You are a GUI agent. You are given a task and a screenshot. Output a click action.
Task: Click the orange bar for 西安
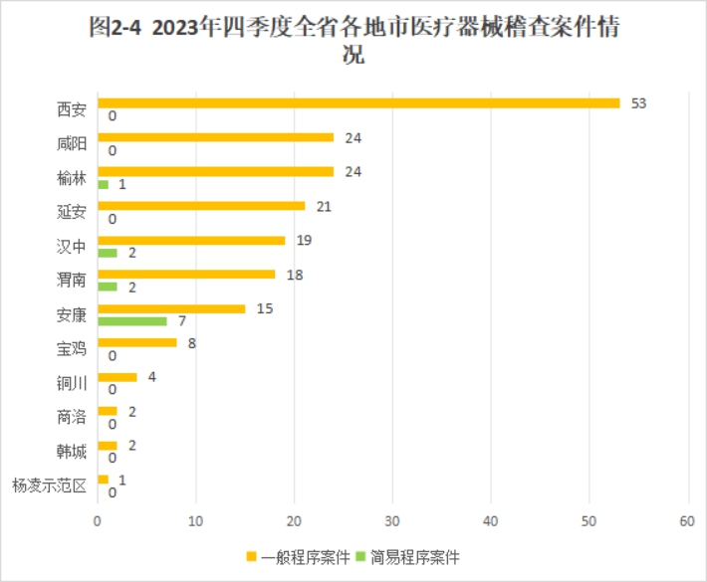(x=358, y=103)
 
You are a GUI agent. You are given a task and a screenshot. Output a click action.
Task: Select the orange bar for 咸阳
(x=215, y=137)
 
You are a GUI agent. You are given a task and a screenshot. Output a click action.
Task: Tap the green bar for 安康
(x=131, y=321)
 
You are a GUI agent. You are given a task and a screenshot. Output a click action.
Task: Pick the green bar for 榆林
(x=103, y=184)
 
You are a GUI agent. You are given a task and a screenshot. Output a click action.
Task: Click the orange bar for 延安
(x=201, y=206)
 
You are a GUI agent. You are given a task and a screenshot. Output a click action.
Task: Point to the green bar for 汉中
(x=108, y=253)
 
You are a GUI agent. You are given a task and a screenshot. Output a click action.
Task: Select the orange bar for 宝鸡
(x=136, y=342)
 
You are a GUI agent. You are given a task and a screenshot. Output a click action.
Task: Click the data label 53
(x=638, y=103)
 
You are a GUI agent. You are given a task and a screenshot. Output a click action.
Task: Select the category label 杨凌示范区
(x=49, y=485)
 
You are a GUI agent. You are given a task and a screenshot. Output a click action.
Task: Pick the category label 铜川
(x=72, y=383)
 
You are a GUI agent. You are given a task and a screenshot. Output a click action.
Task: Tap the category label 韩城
(x=72, y=452)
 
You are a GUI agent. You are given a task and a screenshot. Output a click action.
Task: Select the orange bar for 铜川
(x=118, y=377)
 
